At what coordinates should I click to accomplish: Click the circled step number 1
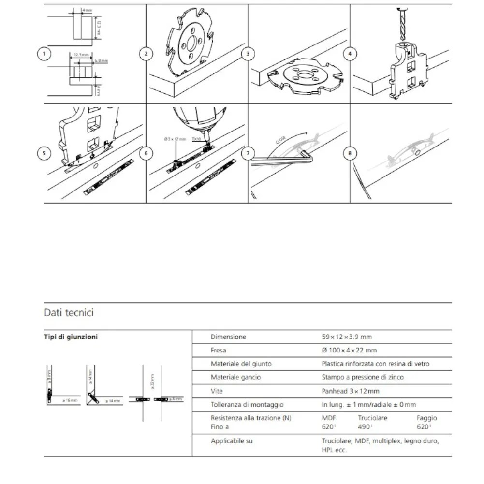click(x=44, y=54)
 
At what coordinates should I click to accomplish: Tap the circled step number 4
click(x=350, y=54)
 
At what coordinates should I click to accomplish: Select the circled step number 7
click(x=248, y=154)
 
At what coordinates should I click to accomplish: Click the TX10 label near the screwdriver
click(x=196, y=139)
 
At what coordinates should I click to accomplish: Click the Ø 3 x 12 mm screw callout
click(x=175, y=139)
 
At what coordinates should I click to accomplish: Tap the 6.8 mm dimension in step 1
click(x=101, y=61)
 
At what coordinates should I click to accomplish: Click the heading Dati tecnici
click(x=69, y=313)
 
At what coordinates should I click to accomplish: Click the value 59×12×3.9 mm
click(x=347, y=337)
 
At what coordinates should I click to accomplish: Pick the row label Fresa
click(x=219, y=350)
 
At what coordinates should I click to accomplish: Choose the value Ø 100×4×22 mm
click(x=349, y=350)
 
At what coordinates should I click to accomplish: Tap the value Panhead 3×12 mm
click(x=351, y=391)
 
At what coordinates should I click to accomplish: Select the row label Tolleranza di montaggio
click(x=247, y=404)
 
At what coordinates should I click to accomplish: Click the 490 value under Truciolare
click(x=365, y=427)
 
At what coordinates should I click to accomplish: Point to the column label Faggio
click(x=426, y=418)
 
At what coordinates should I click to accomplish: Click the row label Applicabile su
click(x=232, y=441)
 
